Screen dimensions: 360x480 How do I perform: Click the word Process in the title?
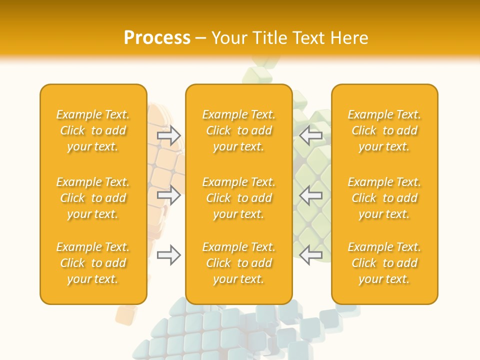tap(157, 38)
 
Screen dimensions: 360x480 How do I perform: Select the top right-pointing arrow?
tap(169, 135)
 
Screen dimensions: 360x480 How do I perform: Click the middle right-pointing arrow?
tap(169, 195)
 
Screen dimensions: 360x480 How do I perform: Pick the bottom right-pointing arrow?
tap(169, 255)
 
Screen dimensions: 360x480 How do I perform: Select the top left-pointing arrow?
tap(311, 135)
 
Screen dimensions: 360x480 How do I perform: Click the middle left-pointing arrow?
tap(311, 195)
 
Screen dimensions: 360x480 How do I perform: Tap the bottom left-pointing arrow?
tap(311, 255)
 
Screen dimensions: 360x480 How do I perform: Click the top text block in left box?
tap(93, 130)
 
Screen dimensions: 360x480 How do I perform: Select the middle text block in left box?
tap(93, 198)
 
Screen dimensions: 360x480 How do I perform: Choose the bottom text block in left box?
tap(93, 263)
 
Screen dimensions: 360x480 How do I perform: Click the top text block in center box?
tap(239, 130)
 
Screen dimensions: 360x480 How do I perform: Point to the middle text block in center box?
tap(239, 198)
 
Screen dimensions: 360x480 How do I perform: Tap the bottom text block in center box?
tap(239, 263)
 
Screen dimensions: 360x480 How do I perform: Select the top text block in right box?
tap(384, 130)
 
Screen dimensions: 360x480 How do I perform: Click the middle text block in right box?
tap(384, 198)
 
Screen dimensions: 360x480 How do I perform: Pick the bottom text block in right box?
tap(384, 263)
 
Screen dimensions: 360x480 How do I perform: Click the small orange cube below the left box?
tap(125, 314)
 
